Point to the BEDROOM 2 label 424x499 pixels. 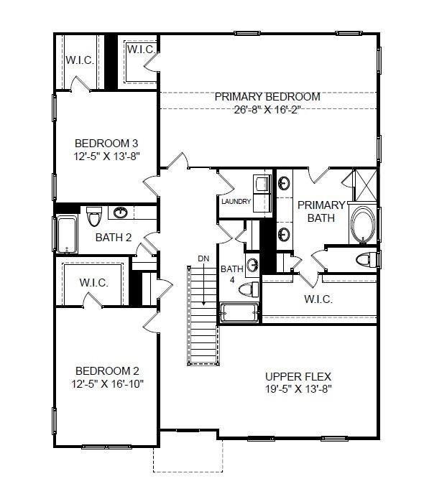pyautogui.click(x=107, y=370)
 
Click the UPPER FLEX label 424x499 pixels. pyautogui.click(x=298, y=376)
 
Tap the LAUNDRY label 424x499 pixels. pyautogui.click(x=236, y=202)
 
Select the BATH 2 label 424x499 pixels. pyautogui.click(x=114, y=237)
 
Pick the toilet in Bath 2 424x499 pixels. pyautogui.click(x=93, y=215)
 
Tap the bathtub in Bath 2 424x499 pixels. pyautogui.click(x=65, y=234)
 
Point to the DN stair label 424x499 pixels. pyautogui.click(x=203, y=258)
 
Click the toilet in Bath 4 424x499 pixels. pyautogui.click(x=248, y=289)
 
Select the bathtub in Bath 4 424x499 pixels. pyautogui.click(x=239, y=313)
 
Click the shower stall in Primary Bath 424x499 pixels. pyautogui.click(x=361, y=186)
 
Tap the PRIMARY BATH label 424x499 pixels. pyautogui.click(x=321, y=211)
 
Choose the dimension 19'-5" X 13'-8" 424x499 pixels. pyautogui.click(x=298, y=389)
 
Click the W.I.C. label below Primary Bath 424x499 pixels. pyautogui.click(x=318, y=299)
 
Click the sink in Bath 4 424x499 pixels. pyautogui.click(x=252, y=266)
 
